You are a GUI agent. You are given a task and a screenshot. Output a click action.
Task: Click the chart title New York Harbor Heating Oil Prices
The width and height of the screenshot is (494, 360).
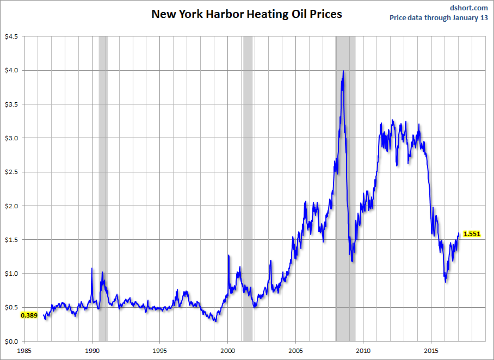[x=246, y=14]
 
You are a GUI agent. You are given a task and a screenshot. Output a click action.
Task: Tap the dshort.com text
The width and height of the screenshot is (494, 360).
[x=469, y=8]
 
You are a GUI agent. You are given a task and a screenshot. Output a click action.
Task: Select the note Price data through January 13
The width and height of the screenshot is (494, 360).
[x=439, y=17]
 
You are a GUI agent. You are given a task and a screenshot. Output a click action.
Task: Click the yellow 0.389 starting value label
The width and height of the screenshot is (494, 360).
[x=28, y=315]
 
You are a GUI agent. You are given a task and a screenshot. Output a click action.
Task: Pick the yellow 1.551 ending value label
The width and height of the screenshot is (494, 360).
[x=472, y=234]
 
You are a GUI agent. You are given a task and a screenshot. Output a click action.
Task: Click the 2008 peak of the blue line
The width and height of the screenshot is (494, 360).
[x=343, y=71]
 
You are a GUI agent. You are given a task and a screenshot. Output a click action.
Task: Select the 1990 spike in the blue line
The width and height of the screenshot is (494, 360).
[x=91, y=269]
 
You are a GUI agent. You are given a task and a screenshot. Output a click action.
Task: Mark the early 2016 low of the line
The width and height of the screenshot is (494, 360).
[x=446, y=281]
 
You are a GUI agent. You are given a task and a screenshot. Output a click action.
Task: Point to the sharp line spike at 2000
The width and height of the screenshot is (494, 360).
[x=229, y=255]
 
